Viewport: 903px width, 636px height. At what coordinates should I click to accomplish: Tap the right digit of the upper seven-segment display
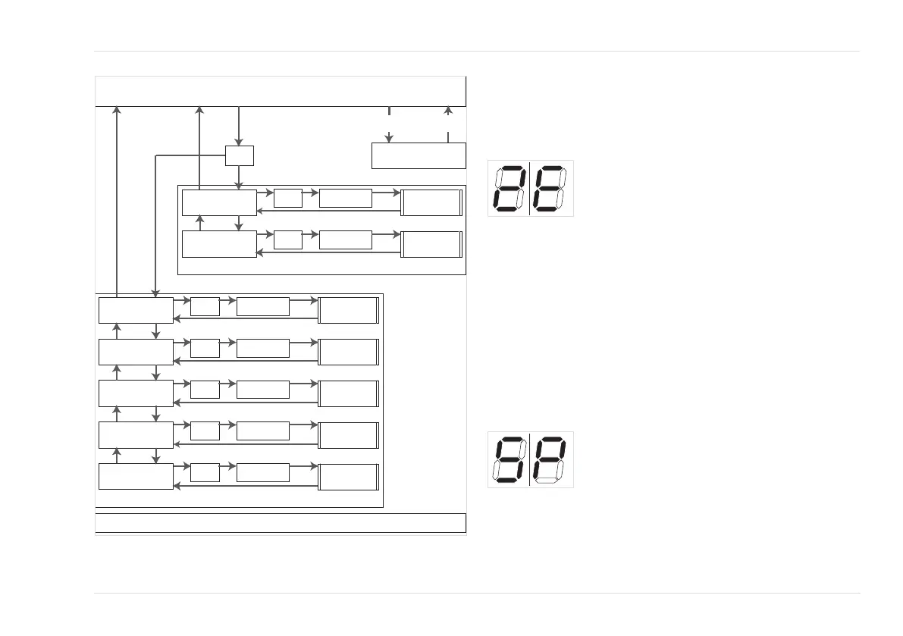click(x=551, y=188)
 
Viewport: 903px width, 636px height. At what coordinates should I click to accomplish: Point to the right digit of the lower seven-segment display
click(x=551, y=459)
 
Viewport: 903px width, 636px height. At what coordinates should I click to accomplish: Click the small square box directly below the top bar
click(x=239, y=155)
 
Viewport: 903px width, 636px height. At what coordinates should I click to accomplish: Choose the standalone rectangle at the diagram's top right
click(x=418, y=155)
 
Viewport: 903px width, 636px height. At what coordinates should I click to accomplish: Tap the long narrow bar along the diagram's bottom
click(x=280, y=523)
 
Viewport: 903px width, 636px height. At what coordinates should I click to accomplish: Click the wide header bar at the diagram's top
click(x=280, y=92)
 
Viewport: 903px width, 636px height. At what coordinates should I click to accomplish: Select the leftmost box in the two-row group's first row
click(x=219, y=202)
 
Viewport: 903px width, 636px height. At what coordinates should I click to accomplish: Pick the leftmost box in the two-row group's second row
click(x=219, y=244)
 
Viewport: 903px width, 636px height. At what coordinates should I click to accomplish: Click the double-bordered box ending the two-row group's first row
click(x=431, y=202)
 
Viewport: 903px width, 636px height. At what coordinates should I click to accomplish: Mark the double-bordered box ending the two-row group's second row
click(x=431, y=244)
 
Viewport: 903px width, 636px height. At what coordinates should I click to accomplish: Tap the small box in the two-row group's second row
click(x=287, y=240)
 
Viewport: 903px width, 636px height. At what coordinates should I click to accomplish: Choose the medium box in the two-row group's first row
click(x=346, y=198)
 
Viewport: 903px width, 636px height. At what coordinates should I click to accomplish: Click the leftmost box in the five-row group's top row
click(x=136, y=311)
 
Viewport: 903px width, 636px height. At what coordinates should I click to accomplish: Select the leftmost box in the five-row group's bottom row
click(x=136, y=476)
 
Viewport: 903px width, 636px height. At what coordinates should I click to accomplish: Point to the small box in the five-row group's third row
click(x=205, y=389)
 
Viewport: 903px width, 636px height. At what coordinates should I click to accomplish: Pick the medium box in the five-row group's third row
click(x=262, y=389)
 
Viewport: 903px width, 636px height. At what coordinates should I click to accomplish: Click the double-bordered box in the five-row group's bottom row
click(x=349, y=477)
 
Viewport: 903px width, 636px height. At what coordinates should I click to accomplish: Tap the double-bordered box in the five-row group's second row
click(x=349, y=352)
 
